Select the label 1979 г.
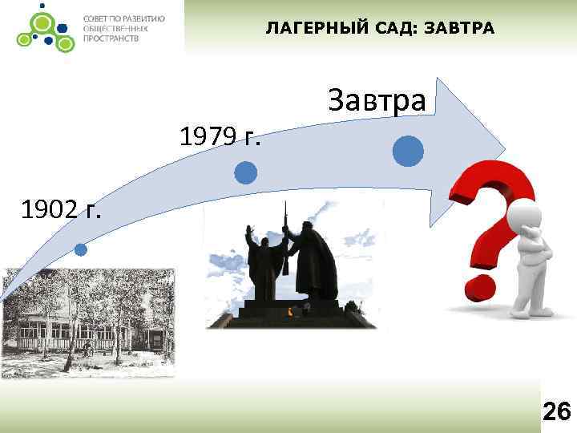pos(220,138)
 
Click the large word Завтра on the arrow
pos(377,100)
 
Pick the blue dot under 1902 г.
pos(81,249)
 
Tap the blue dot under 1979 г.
pos(246,172)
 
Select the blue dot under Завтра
pos(408,151)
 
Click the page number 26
pos(556,412)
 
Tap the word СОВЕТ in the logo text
pos(98,18)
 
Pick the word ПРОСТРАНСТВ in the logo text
pos(110,38)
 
